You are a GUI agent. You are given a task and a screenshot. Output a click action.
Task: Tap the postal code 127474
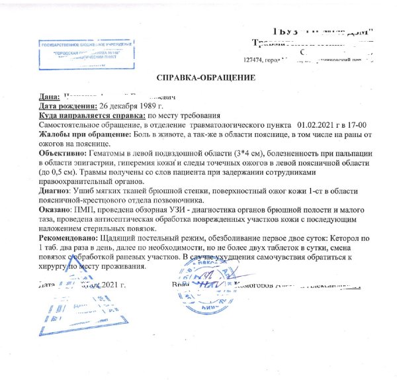[255, 59]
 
